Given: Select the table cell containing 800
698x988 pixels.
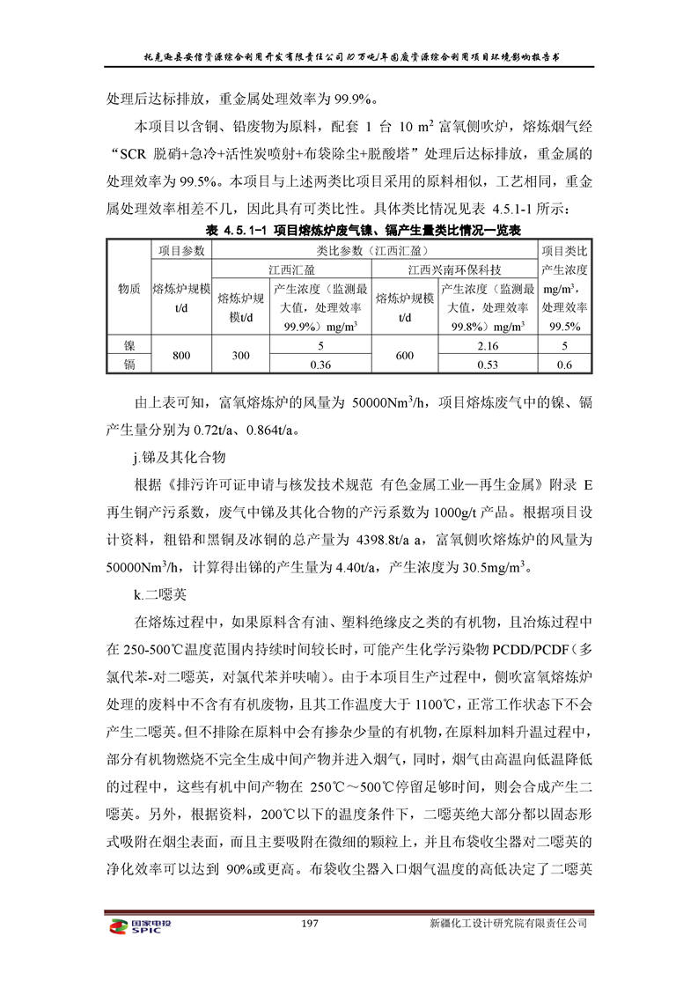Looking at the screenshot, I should tap(182, 356).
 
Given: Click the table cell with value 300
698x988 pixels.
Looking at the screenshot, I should tap(241, 356).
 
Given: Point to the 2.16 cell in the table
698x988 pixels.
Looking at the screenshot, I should tap(487, 346).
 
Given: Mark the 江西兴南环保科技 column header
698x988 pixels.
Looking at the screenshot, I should tap(454, 269).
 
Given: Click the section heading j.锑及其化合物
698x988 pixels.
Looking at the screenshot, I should tap(177, 457).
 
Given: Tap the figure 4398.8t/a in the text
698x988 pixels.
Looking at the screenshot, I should tap(387, 539).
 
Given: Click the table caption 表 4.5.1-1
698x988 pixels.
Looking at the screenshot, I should tap(235, 231).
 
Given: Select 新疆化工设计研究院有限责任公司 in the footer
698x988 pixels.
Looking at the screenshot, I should tap(507, 924).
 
